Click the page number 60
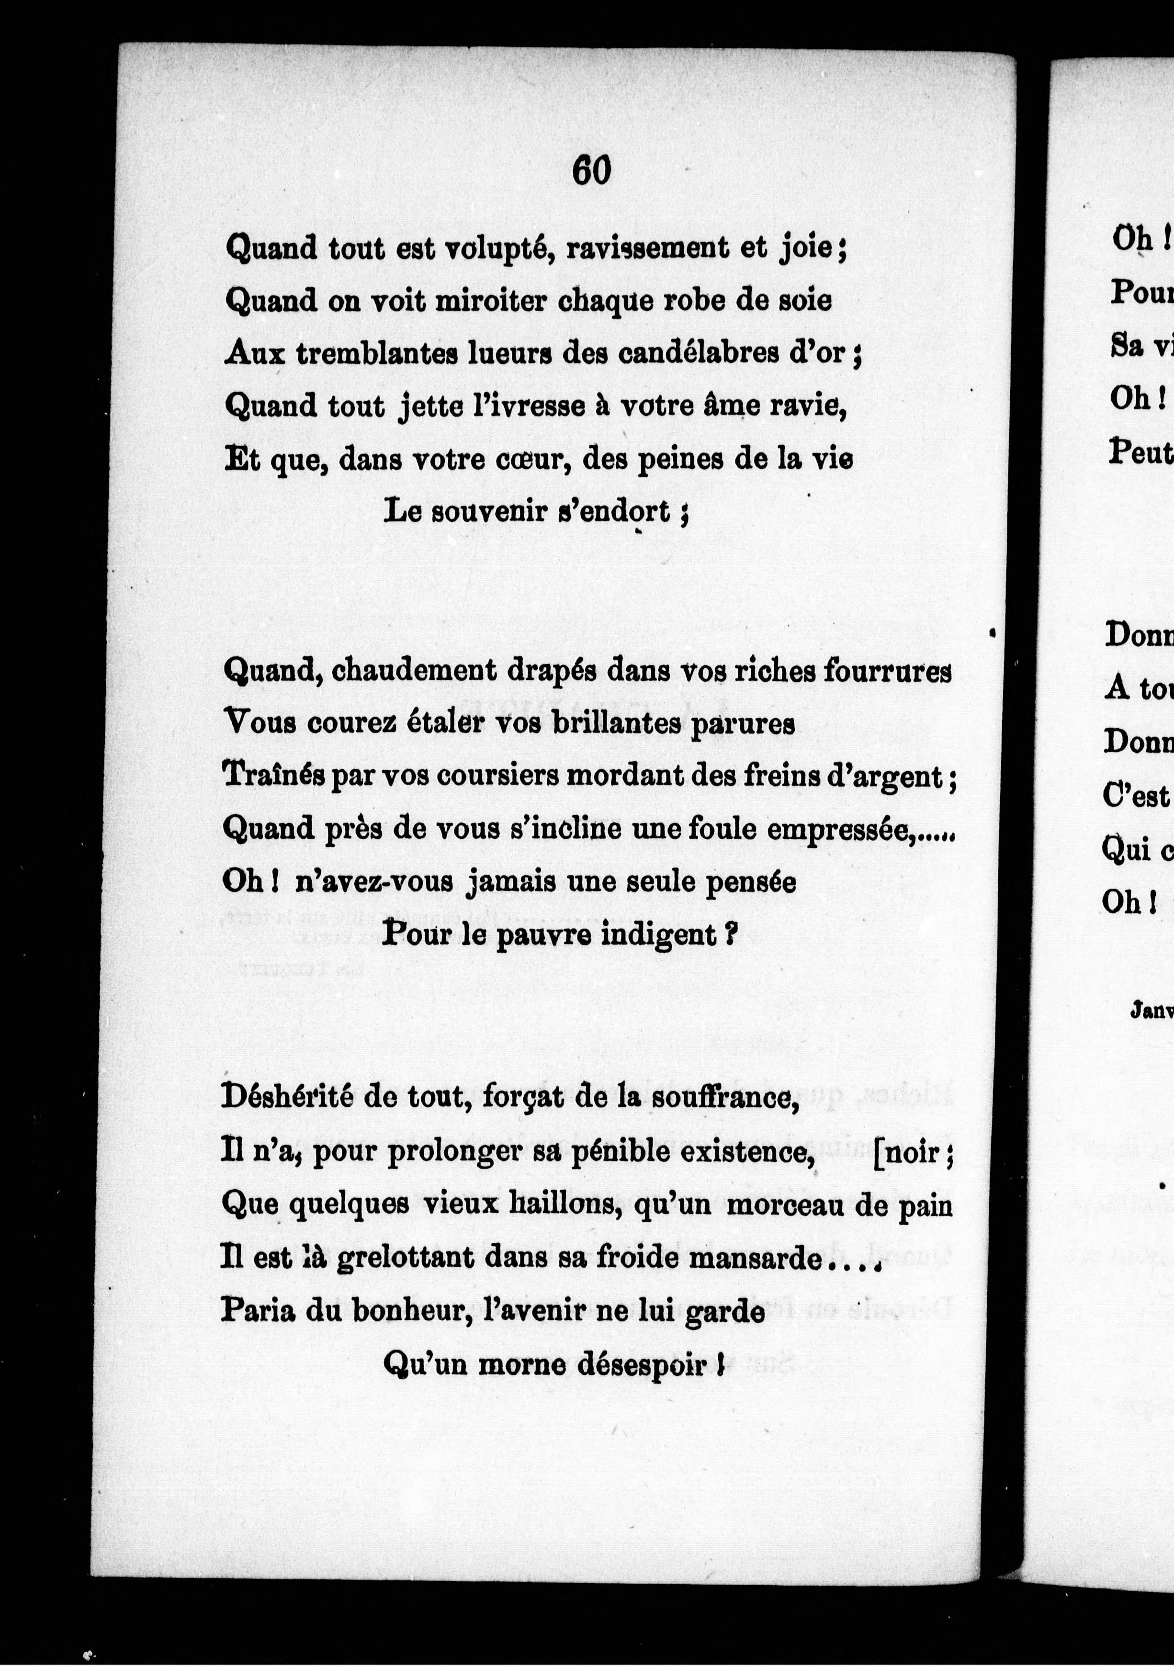click(591, 171)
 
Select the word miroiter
click(488, 300)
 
